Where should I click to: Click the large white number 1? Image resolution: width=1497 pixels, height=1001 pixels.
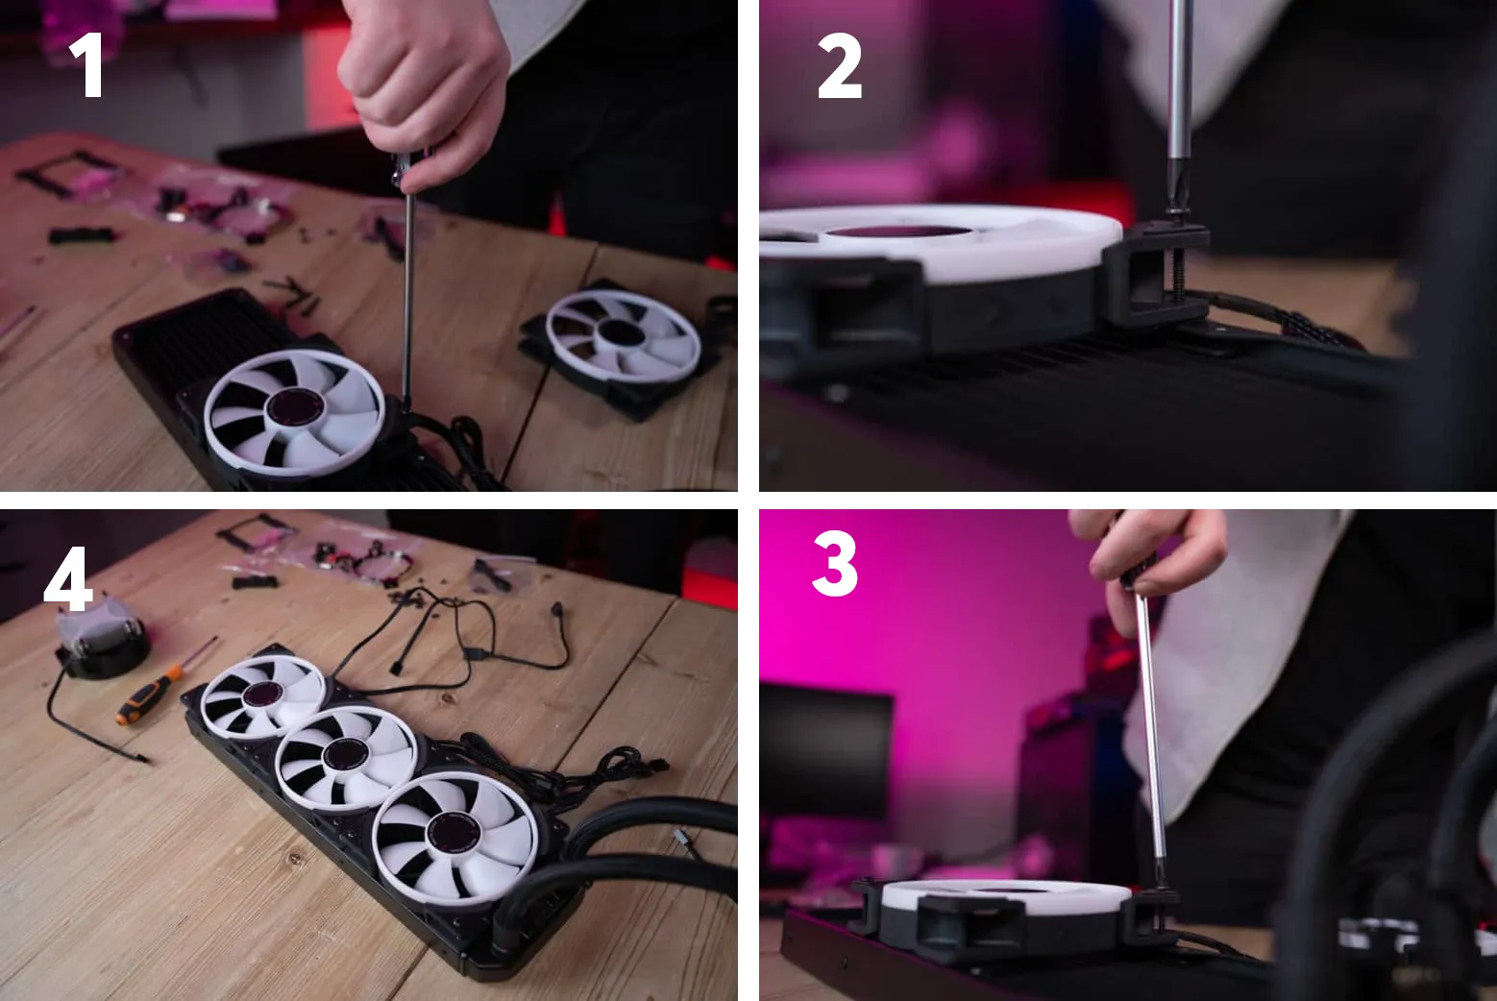point(87,64)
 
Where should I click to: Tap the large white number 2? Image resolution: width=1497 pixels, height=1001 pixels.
point(840,65)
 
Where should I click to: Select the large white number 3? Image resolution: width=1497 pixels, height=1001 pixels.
point(835,563)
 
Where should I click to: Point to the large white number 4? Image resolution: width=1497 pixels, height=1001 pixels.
point(67,578)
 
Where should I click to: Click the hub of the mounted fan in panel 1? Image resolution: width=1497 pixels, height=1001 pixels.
point(293,406)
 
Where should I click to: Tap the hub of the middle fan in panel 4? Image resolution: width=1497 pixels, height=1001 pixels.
point(344,755)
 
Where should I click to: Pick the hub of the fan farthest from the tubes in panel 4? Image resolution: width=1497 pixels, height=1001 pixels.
point(263,695)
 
